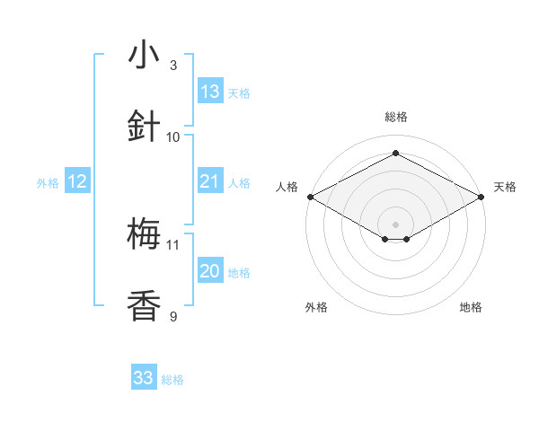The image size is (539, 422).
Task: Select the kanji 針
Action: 144,127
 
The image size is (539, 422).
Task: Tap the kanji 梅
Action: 144,235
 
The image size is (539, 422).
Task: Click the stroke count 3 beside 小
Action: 173,65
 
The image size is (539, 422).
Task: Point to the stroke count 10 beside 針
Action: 173,136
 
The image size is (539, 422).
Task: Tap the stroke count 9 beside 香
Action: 173,316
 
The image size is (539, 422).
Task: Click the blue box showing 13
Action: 210,92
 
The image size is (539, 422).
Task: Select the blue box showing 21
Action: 210,181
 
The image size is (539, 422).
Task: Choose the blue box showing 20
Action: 210,271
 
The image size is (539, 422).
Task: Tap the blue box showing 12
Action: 77,181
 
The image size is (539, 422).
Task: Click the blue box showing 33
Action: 144,378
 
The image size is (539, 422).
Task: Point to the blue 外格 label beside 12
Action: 48,183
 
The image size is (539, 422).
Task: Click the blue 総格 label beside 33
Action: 172,380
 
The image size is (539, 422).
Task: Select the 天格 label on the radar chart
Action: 506,187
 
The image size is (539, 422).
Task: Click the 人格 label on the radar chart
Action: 287,187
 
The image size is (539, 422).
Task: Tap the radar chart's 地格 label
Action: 471,307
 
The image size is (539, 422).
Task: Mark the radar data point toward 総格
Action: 395,154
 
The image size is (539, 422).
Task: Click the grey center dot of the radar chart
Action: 395,224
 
